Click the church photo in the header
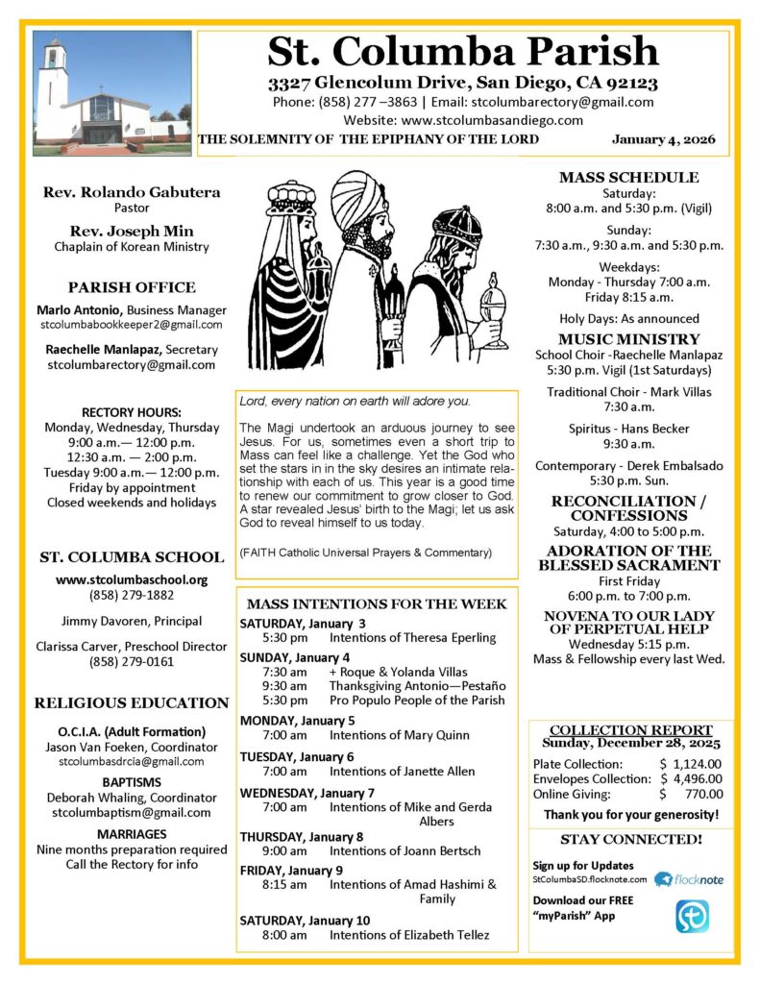coord(111,93)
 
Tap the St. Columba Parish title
coord(463,51)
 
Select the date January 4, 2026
coord(664,139)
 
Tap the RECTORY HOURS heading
coord(132,412)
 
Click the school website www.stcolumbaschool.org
coord(132,579)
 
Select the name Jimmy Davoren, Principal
coord(132,621)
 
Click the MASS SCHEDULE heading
coord(629,178)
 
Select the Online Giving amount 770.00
coord(704,794)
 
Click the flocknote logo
coord(689,878)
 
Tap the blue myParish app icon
coord(692,916)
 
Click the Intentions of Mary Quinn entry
coord(399,735)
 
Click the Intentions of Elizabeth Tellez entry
coord(408,935)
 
